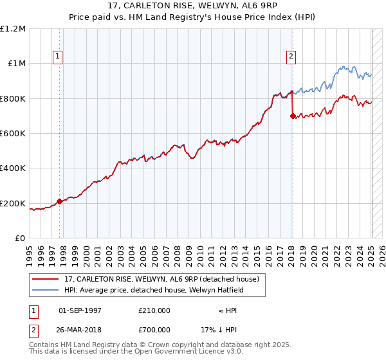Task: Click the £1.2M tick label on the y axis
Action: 14,29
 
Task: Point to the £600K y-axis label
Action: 14,134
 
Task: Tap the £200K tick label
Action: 14,203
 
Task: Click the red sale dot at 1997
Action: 60,201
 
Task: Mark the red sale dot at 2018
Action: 293,116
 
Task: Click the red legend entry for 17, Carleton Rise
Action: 161,279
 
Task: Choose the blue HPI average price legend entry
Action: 154,290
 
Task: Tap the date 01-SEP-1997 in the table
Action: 80,310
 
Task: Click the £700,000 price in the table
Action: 154,329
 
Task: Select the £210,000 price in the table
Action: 154,310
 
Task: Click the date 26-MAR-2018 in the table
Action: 80,329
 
